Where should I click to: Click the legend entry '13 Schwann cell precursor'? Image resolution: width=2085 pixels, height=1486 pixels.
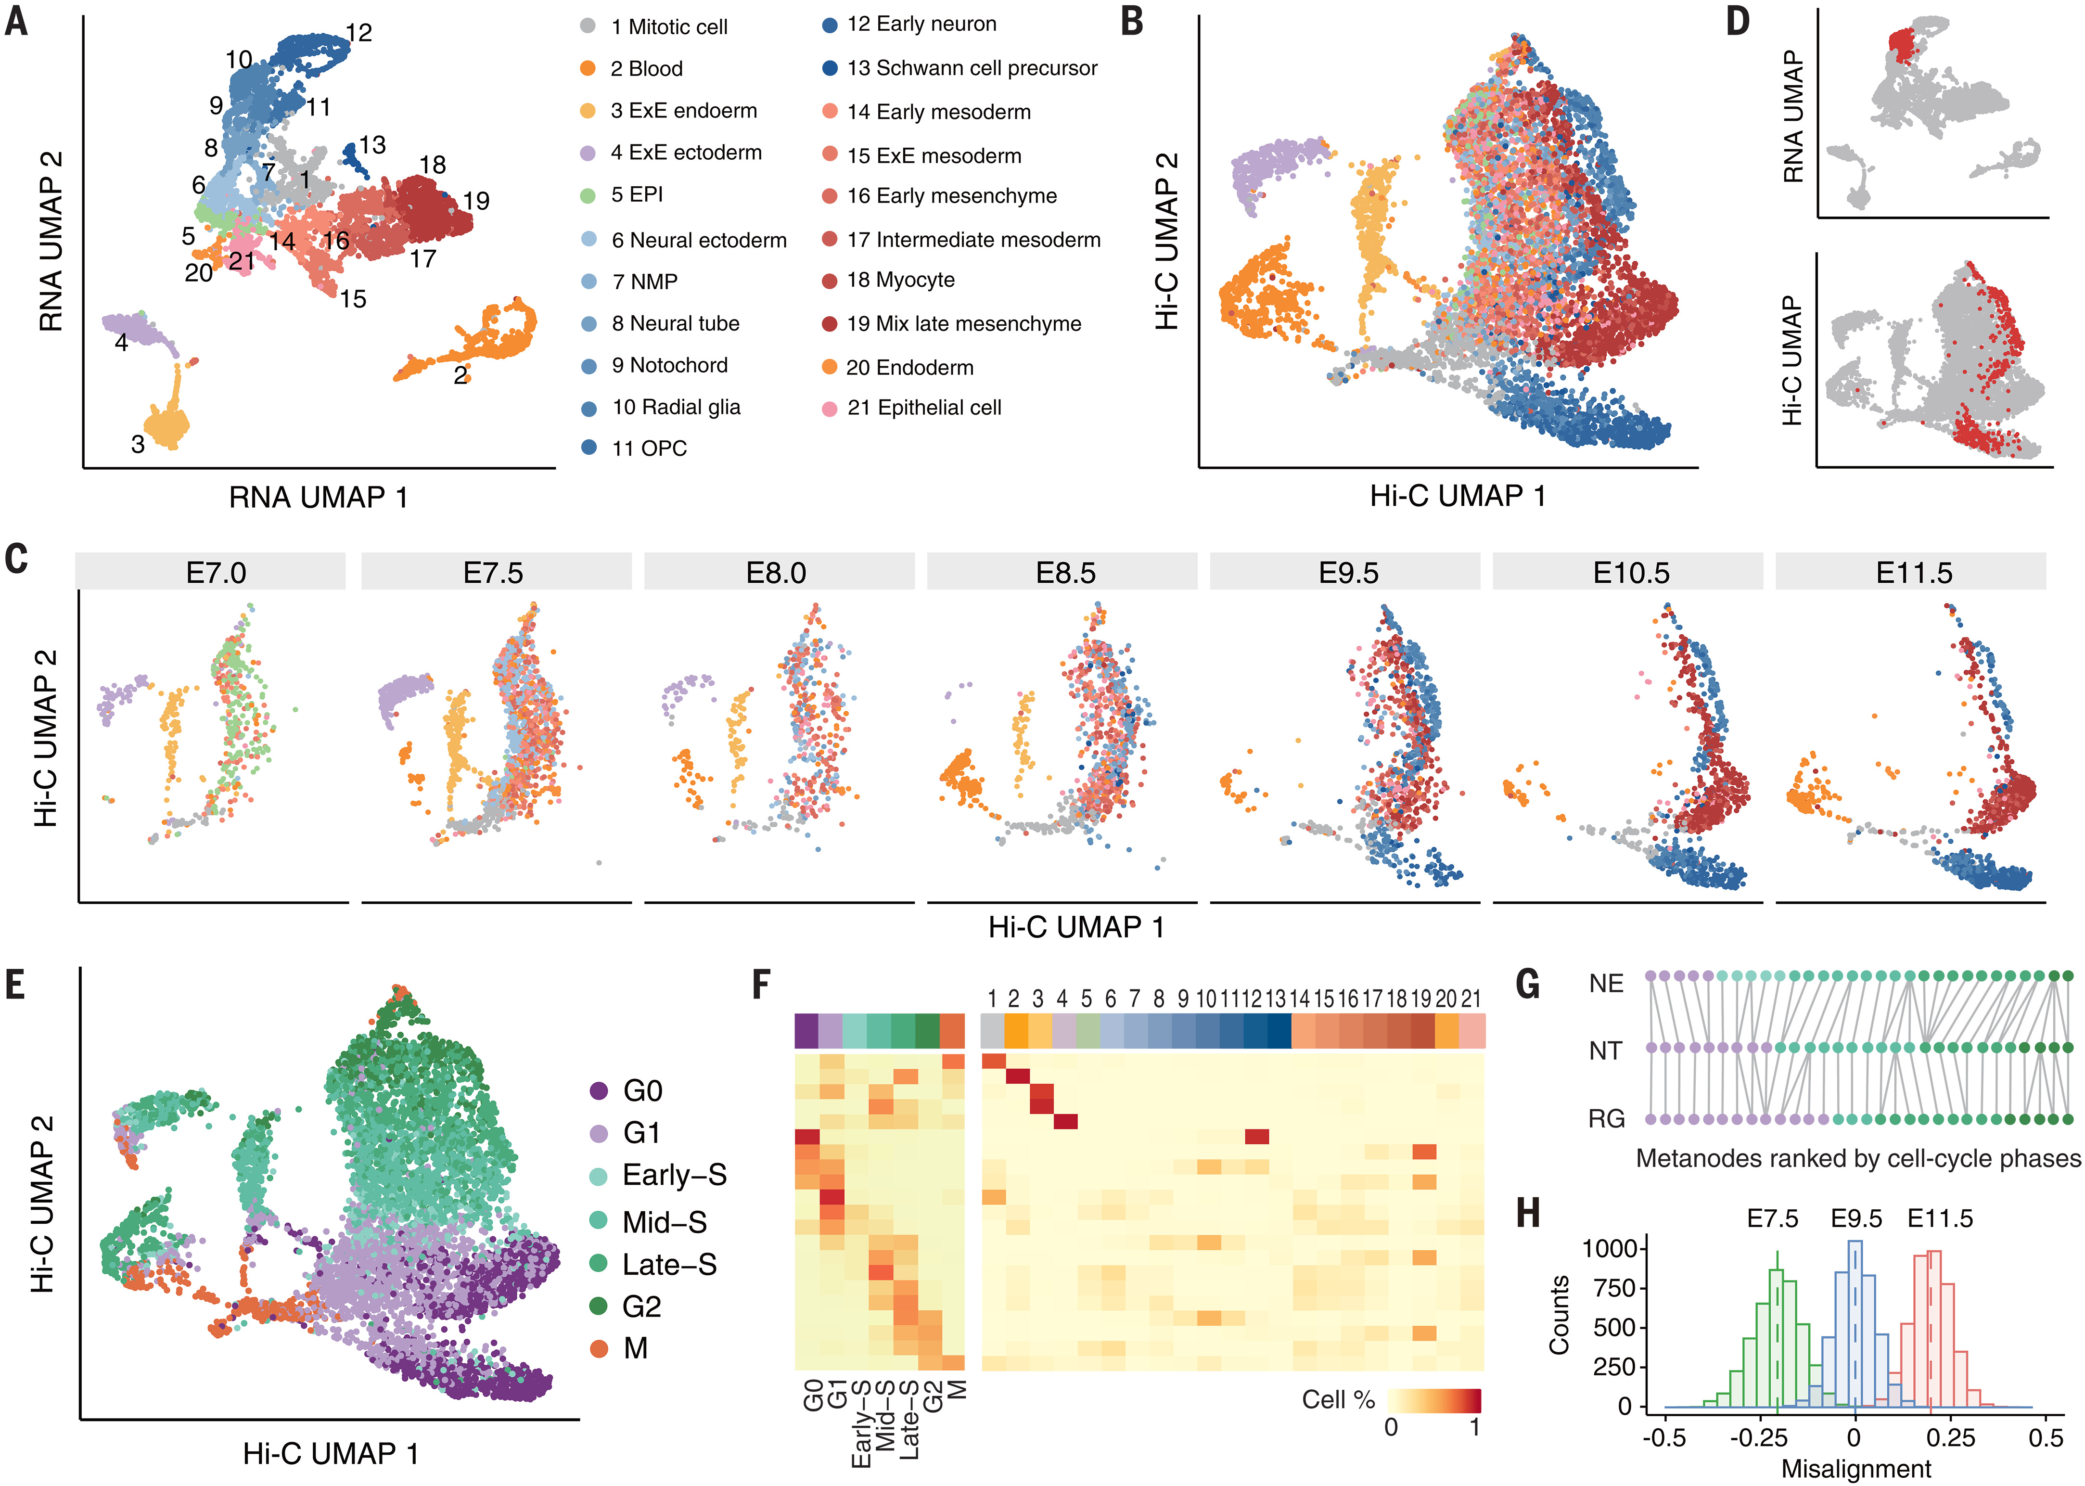(972, 69)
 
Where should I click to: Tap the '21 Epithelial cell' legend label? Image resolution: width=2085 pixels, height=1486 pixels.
(924, 408)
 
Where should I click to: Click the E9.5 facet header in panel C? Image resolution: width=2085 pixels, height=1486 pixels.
(1348, 573)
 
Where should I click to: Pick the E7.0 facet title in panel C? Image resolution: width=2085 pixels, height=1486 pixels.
(216, 573)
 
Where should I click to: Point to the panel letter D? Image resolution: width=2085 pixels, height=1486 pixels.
(1738, 20)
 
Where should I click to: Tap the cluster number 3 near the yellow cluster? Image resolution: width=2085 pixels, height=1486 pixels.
(137, 445)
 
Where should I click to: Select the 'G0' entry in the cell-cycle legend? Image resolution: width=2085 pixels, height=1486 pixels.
(642, 1091)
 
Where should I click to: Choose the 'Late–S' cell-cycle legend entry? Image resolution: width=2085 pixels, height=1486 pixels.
(669, 1265)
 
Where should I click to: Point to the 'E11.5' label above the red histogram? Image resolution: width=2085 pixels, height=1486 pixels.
(1940, 1219)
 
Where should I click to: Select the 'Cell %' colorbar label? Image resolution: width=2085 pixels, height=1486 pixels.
(1338, 1400)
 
